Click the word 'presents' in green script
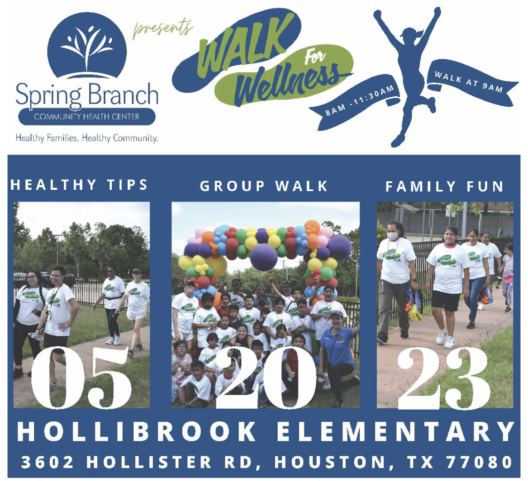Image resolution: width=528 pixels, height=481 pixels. (x=163, y=30)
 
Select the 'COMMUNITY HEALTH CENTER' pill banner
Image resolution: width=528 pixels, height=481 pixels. (x=87, y=117)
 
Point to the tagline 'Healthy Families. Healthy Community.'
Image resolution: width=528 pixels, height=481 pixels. (x=87, y=138)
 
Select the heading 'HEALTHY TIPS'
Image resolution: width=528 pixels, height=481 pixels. (x=79, y=185)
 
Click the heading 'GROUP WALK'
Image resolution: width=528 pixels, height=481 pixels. (x=264, y=186)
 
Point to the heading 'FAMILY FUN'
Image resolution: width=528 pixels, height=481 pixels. (x=444, y=186)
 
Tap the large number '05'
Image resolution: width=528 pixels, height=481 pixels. (x=81, y=378)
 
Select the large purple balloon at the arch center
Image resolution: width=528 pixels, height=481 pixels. (x=264, y=256)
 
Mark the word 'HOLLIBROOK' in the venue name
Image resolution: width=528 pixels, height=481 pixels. (x=136, y=431)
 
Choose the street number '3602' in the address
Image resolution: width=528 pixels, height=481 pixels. (x=47, y=462)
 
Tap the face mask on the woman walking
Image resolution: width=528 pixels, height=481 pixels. (x=393, y=235)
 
